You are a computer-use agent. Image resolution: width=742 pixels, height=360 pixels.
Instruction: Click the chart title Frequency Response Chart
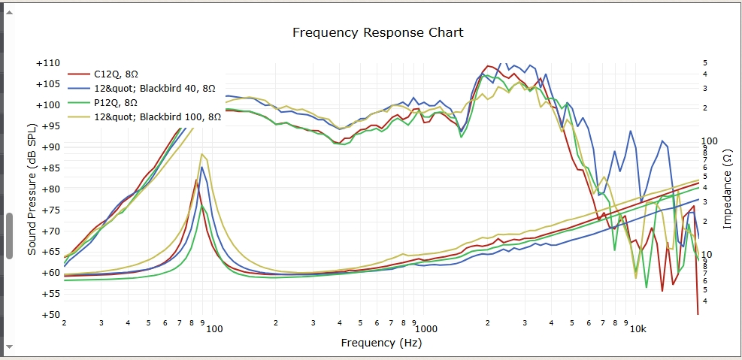377,32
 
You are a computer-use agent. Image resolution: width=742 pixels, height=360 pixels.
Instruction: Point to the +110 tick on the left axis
48,63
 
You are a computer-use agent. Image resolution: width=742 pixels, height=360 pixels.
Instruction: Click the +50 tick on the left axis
48,315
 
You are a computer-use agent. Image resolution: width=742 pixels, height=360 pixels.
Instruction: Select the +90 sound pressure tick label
48,147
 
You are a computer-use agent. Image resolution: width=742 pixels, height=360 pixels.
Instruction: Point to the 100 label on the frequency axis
214,329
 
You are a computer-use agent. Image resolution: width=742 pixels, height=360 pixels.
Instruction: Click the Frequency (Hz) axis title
380,343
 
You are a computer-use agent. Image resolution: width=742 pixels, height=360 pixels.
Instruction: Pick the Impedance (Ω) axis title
727,188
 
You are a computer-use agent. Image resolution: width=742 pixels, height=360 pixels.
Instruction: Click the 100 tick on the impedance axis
710,141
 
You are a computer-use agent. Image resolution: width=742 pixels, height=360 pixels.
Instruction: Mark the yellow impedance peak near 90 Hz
202,154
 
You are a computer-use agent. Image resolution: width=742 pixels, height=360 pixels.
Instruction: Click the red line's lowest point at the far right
698,313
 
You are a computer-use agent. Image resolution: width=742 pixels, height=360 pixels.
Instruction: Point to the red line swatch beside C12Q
79,74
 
